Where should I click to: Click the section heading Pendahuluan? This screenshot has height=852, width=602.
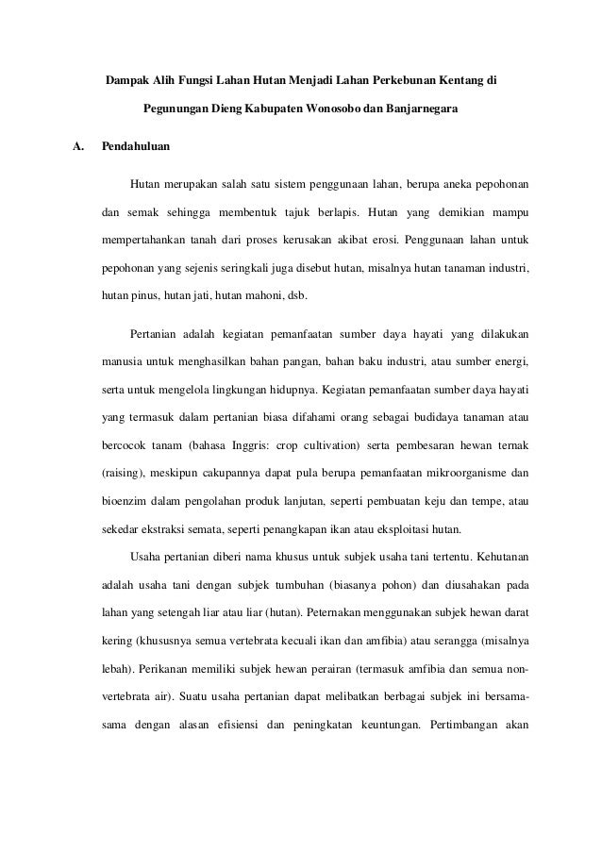pyautogui.click(x=137, y=148)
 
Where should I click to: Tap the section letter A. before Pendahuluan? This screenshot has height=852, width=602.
pyautogui.click(x=78, y=148)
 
